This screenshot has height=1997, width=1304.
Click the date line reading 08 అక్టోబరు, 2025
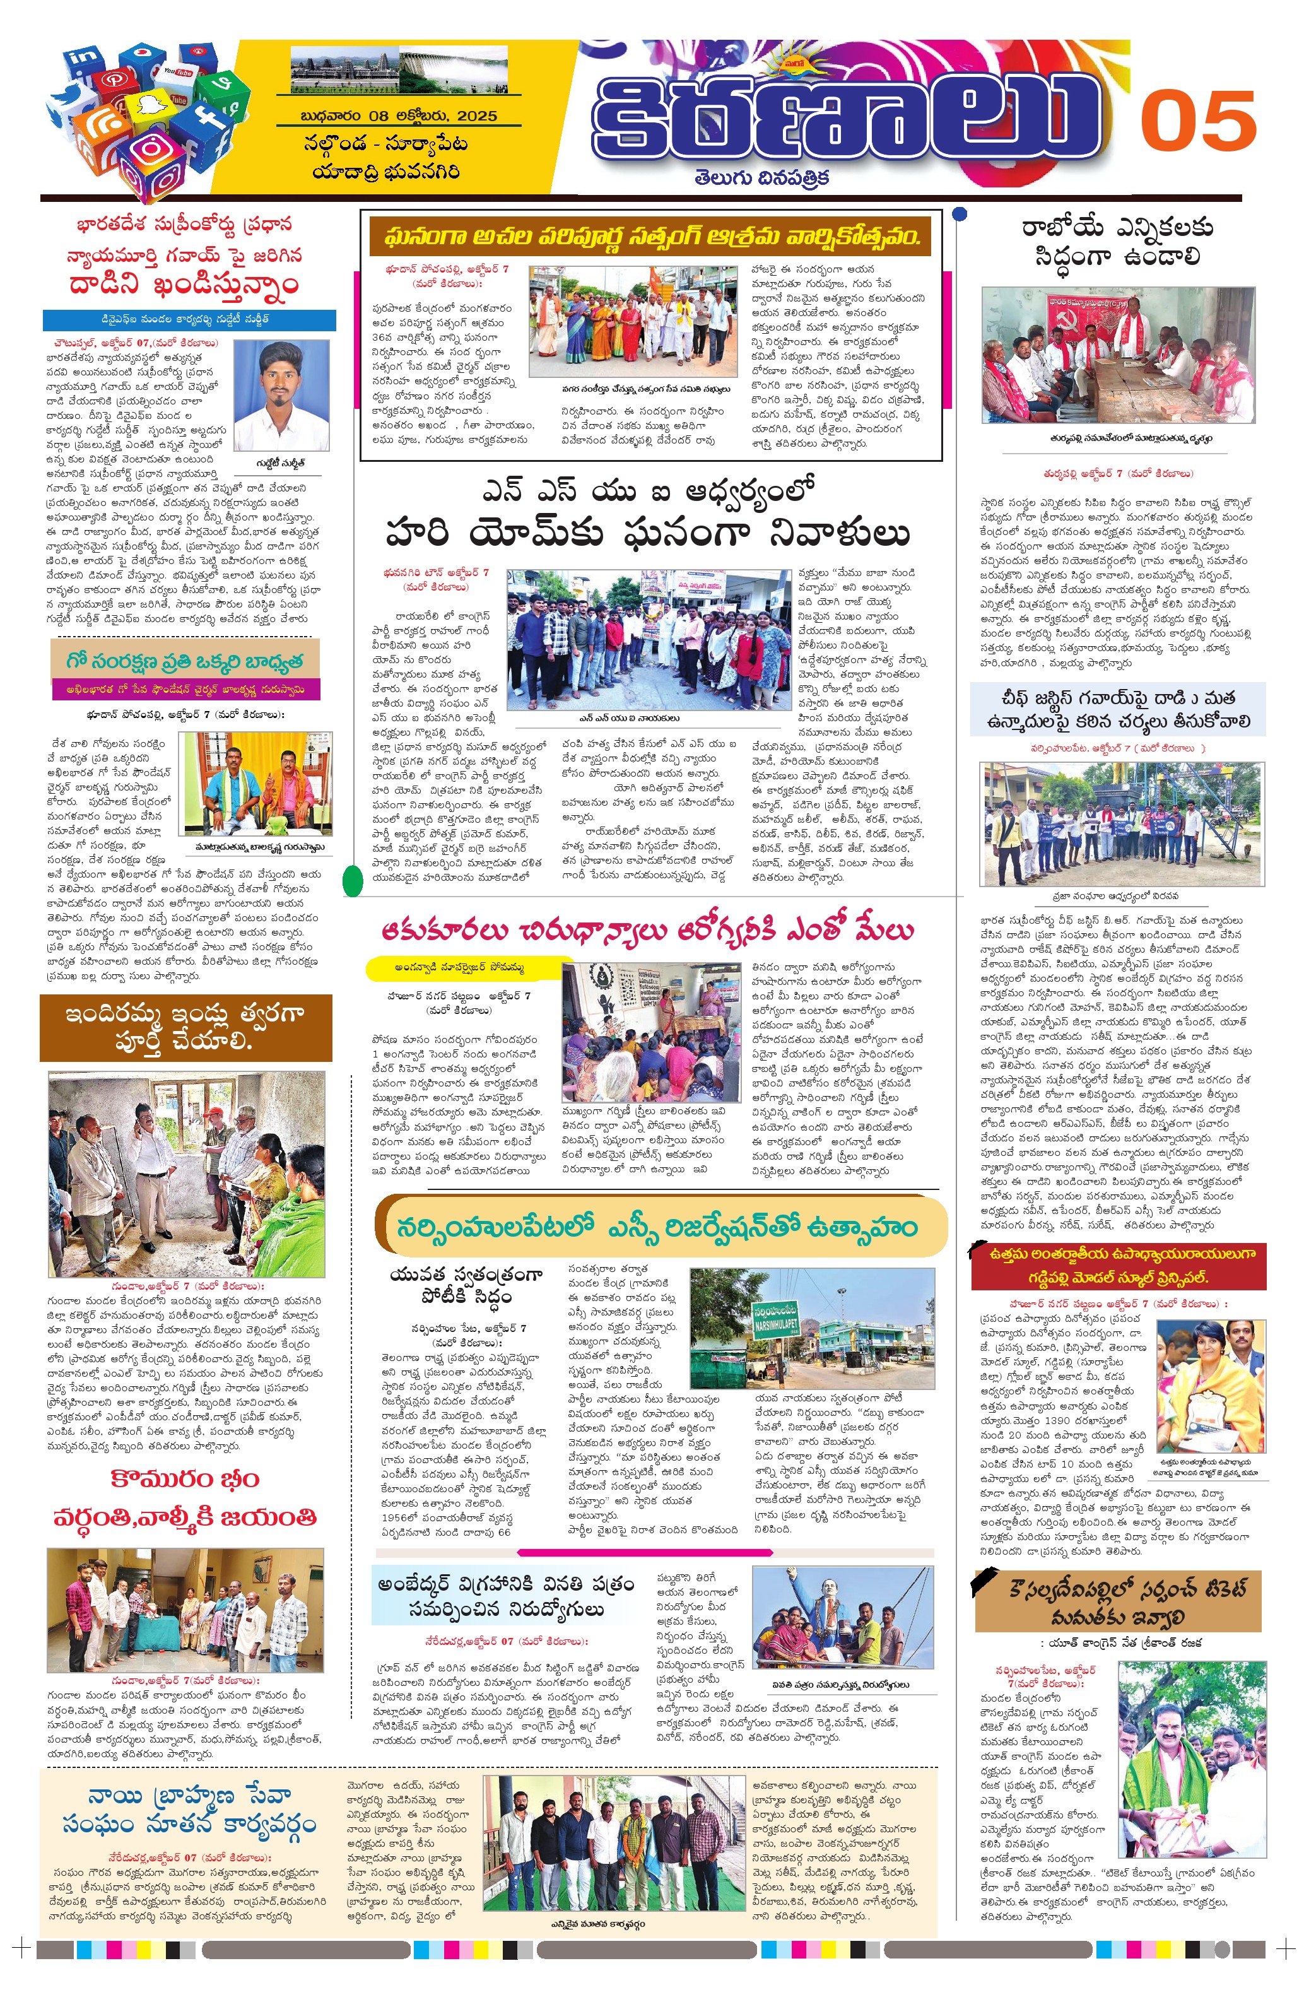click(x=399, y=116)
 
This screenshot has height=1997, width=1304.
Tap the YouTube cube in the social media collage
click(x=178, y=73)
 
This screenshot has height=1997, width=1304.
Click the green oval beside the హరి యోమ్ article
click(x=353, y=881)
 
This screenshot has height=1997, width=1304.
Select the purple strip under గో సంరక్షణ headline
click(x=185, y=689)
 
